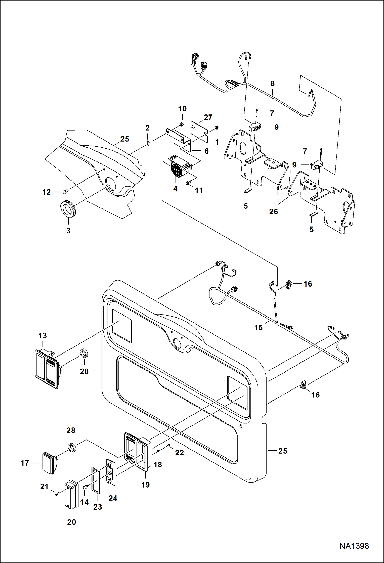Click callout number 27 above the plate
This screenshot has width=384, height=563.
click(208, 118)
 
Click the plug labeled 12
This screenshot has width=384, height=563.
click(65, 191)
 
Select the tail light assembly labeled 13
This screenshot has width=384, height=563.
click(47, 369)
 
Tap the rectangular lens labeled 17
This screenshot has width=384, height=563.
click(50, 463)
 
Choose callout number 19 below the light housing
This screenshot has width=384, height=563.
click(145, 485)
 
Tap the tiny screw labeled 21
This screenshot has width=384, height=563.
click(56, 494)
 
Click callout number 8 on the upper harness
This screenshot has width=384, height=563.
click(272, 84)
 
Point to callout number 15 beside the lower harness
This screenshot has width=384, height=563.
click(258, 327)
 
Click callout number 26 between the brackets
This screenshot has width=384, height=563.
click(273, 212)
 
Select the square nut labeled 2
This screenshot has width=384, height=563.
click(148, 143)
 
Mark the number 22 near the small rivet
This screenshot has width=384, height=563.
click(179, 453)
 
